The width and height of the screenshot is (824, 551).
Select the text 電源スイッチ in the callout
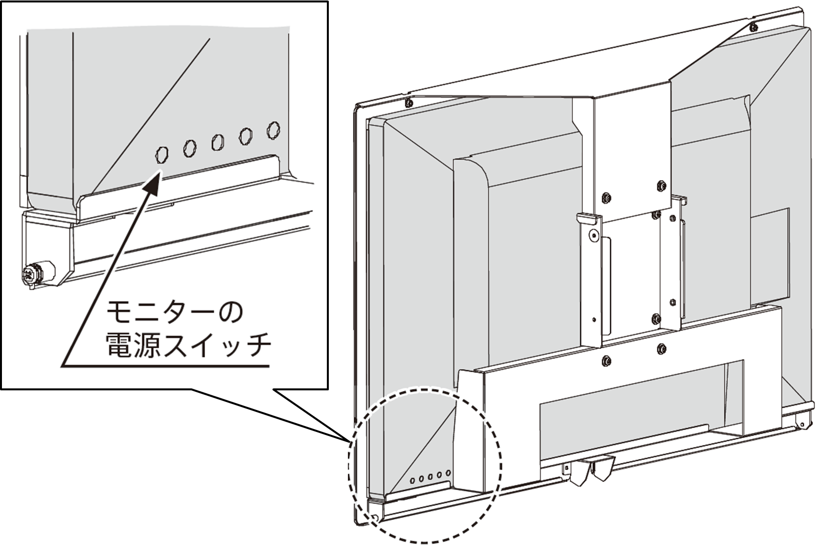pyautogui.click(x=188, y=346)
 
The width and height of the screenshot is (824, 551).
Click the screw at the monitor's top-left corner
pyautogui.click(x=408, y=103)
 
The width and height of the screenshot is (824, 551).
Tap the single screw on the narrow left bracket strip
pyautogui.click(x=594, y=236)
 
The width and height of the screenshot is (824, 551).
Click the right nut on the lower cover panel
pyautogui.click(x=662, y=349)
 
